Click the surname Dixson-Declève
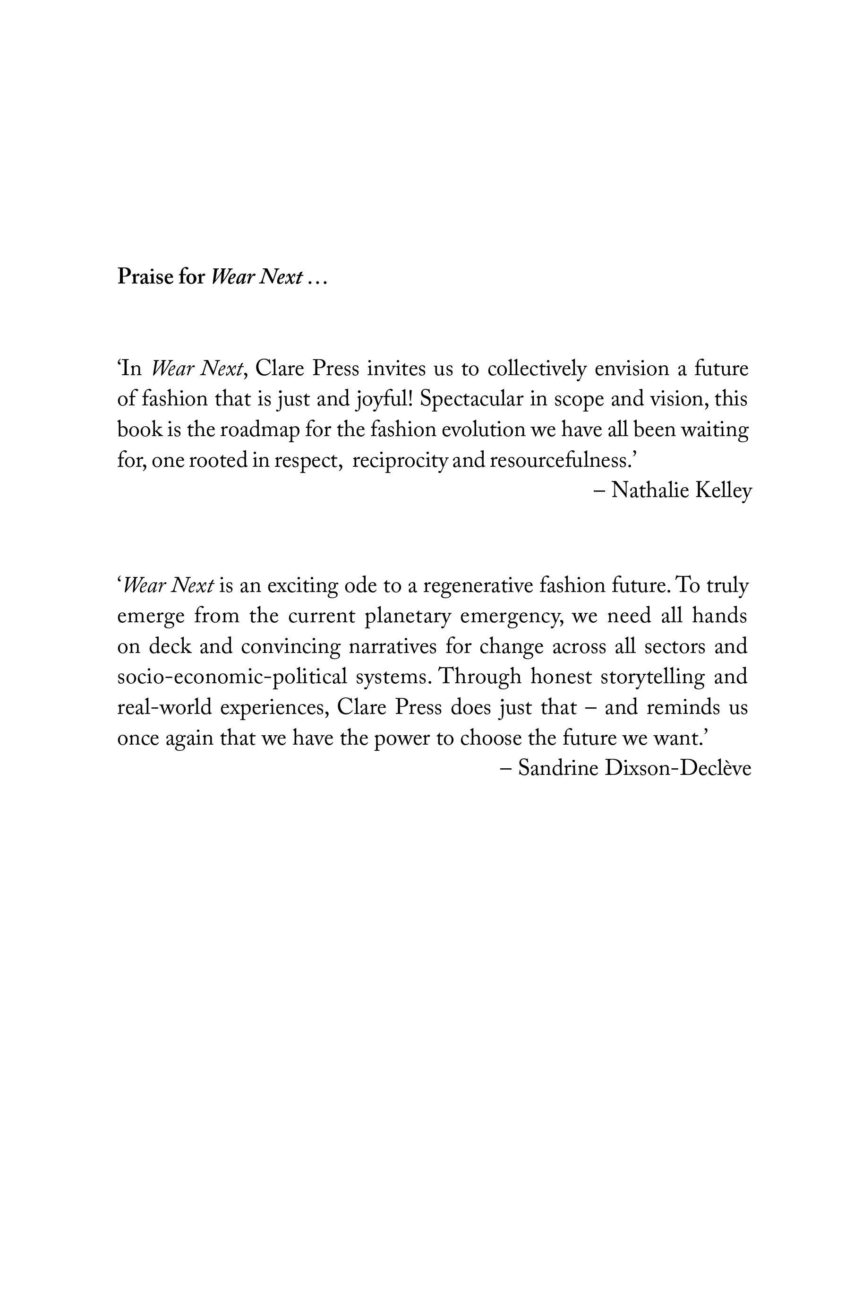point(677,768)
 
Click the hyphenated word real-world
point(164,707)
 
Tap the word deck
point(170,646)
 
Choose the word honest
point(561,677)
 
